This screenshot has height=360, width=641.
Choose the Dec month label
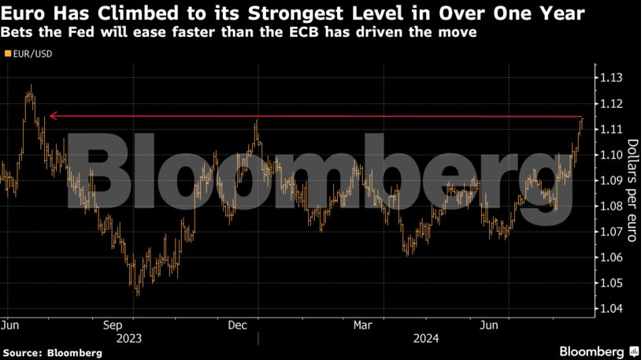coord(239,325)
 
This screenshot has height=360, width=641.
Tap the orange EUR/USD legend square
coord(7,54)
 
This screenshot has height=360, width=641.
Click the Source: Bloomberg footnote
coord(52,353)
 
